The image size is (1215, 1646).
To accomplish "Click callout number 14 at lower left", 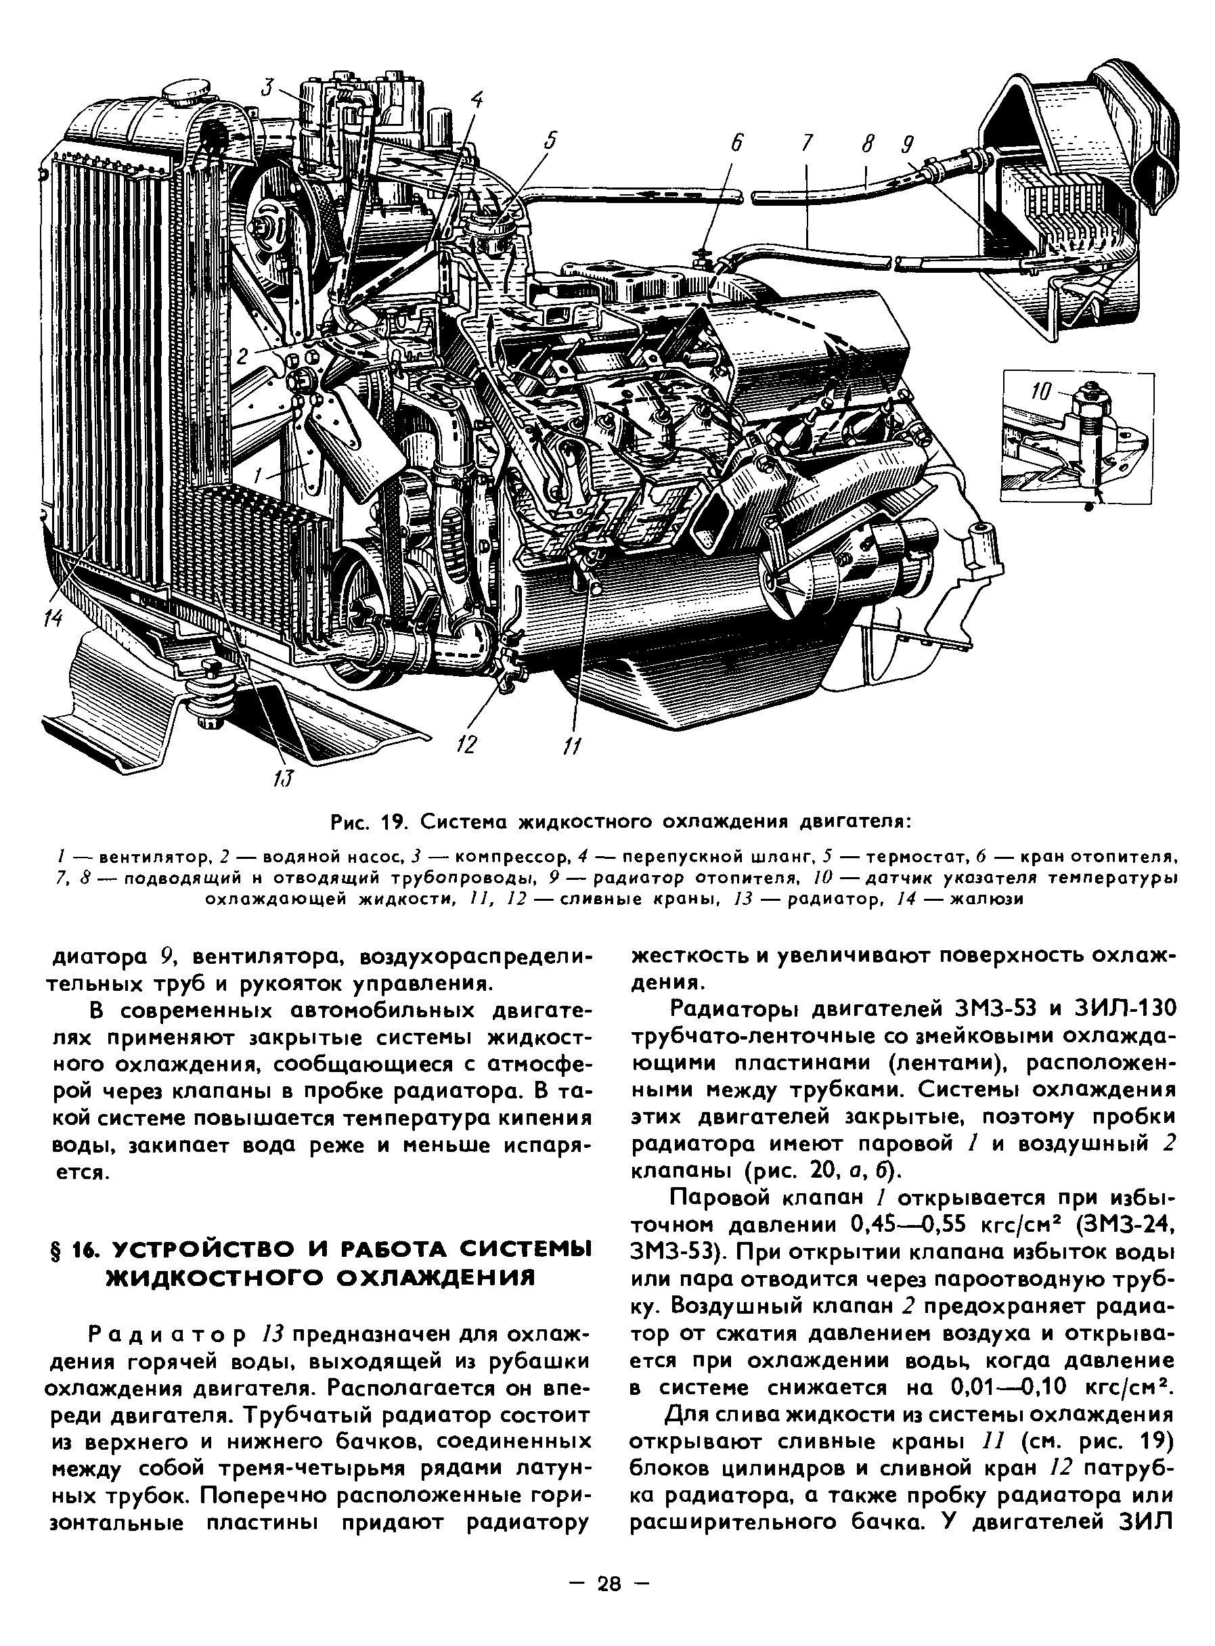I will (x=52, y=619).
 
